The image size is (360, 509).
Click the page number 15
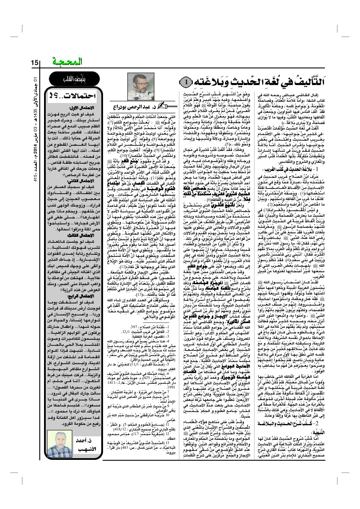[x=35, y=63]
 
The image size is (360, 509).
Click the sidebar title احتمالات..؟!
[x=76, y=94]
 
